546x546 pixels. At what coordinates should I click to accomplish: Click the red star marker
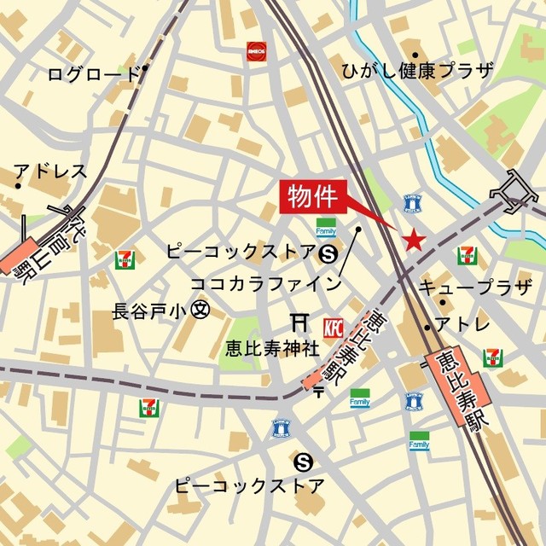414,241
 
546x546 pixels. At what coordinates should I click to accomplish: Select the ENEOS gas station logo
254,50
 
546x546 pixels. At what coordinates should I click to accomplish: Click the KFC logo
333,327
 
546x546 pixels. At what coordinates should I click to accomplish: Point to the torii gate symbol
299,322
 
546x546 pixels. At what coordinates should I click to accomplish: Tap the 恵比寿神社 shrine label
261,348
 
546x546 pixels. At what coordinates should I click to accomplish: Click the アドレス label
50,171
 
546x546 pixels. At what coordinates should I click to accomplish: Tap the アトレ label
463,324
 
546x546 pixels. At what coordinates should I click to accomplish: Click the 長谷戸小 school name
151,311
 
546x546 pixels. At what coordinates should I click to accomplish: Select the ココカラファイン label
266,282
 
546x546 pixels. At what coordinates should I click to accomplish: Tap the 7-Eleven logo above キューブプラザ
467,255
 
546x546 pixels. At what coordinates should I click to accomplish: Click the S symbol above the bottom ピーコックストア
301,462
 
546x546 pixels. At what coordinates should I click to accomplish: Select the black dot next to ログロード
147,68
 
